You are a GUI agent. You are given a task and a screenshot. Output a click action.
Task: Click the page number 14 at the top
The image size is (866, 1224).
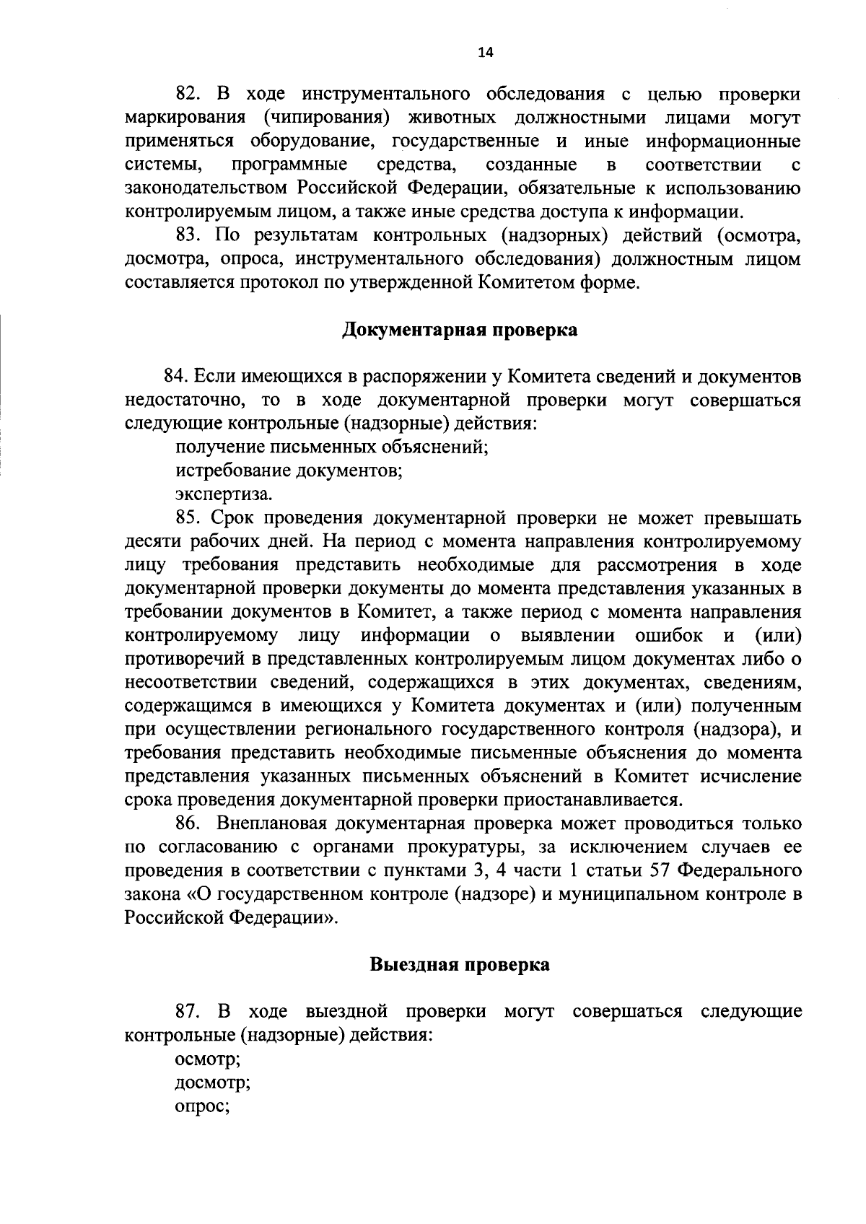click(485, 52)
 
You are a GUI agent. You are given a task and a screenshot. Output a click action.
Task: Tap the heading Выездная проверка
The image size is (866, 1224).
click(460, 964)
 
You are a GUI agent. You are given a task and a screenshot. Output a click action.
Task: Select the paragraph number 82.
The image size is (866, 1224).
click(187, 95)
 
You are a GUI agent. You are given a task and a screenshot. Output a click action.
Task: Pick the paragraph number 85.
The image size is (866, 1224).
click(187, 518)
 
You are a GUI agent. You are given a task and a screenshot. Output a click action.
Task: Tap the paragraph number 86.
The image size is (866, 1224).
click(187, 823)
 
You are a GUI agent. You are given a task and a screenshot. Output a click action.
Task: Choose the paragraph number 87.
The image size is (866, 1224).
click(187, 1012)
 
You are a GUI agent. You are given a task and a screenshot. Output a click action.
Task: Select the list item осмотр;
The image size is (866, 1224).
click(208, 1059)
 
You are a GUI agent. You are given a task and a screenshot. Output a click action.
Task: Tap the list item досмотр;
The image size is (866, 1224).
click(213, 1083)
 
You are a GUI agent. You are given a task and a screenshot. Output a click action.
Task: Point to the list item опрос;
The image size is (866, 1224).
click(202, 1106)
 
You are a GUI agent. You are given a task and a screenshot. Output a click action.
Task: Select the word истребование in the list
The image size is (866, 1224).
click(233, 471)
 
